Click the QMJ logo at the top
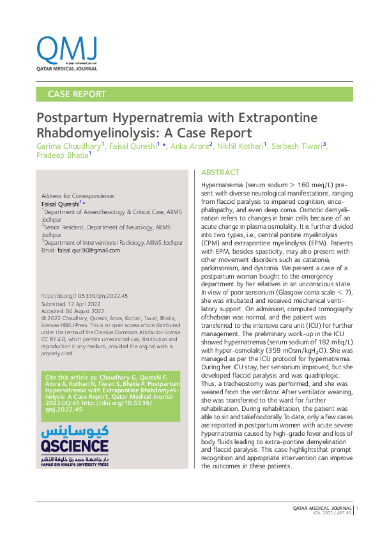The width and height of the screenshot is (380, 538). click(67, 49)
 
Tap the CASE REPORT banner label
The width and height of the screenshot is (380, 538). click(77, 94)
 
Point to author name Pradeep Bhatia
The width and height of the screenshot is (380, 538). click(63, 157)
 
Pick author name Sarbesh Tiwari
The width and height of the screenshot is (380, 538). click(297, 147)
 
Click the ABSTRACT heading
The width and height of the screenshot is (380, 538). click(220, 173)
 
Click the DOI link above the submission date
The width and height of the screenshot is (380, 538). click(84, 296)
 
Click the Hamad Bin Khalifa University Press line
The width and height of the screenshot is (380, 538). click(74, 465)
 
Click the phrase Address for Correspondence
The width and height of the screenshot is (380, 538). click(77, 196)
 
